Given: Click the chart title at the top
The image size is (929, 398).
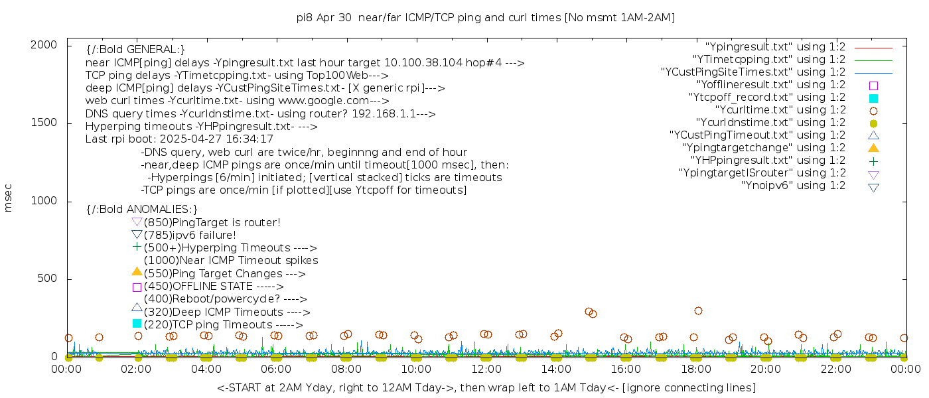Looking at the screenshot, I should tap(486, 18).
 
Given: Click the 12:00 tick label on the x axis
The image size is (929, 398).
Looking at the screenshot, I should tap(486, 369).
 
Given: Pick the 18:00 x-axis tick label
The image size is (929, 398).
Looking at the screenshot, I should tap(695, 369).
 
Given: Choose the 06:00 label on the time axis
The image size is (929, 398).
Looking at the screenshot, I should tap(276, 369).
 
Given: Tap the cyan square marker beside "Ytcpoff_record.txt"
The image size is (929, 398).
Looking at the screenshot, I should tap(873, 98).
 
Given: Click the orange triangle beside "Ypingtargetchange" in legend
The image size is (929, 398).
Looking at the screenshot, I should tap(873, 148).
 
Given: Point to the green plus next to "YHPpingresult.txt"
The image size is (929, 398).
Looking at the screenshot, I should tap(873, 161).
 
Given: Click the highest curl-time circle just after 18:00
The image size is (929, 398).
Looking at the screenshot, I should tap(698, 310).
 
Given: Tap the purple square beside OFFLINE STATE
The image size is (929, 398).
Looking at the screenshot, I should tap(137, 287).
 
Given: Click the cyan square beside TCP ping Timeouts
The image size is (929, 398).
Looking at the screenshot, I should tap(137, 323).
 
